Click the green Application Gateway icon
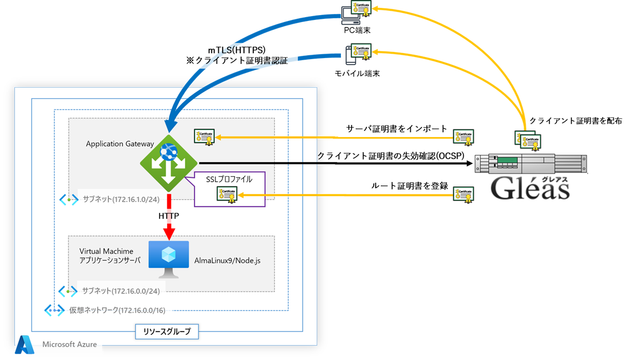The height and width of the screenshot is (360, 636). pos(169,163)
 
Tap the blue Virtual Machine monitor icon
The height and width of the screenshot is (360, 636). pos(168,259)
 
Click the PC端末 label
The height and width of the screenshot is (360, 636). pos(358,31)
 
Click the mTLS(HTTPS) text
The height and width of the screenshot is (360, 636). pos(237,49)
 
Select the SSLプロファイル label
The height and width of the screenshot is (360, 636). pos(229,179)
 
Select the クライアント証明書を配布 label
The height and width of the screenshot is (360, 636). pos(576,121)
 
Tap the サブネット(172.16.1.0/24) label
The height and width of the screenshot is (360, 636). pos(122,199)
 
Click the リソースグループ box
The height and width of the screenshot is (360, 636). pos(167,332)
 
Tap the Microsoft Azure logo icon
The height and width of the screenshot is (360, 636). pos(25,345)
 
